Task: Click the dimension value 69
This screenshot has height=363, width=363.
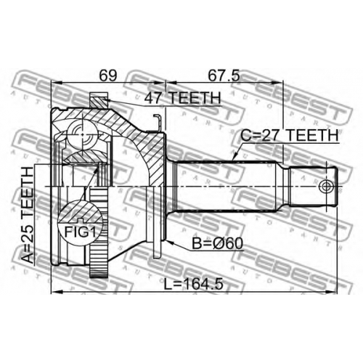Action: [x=108, y=76]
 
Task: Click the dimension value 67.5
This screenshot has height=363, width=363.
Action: [x=224, y=76]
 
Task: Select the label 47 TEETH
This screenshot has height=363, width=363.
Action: [x=183, y=98]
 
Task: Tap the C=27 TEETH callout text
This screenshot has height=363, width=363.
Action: [x=290, y=136]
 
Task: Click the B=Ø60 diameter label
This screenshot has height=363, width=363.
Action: [x=217, y=243]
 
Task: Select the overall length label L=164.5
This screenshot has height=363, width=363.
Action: [x=193, y=284]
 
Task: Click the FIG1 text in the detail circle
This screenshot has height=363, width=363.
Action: [x=80, y=232]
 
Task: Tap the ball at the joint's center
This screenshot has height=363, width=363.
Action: [x=81, y=134]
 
